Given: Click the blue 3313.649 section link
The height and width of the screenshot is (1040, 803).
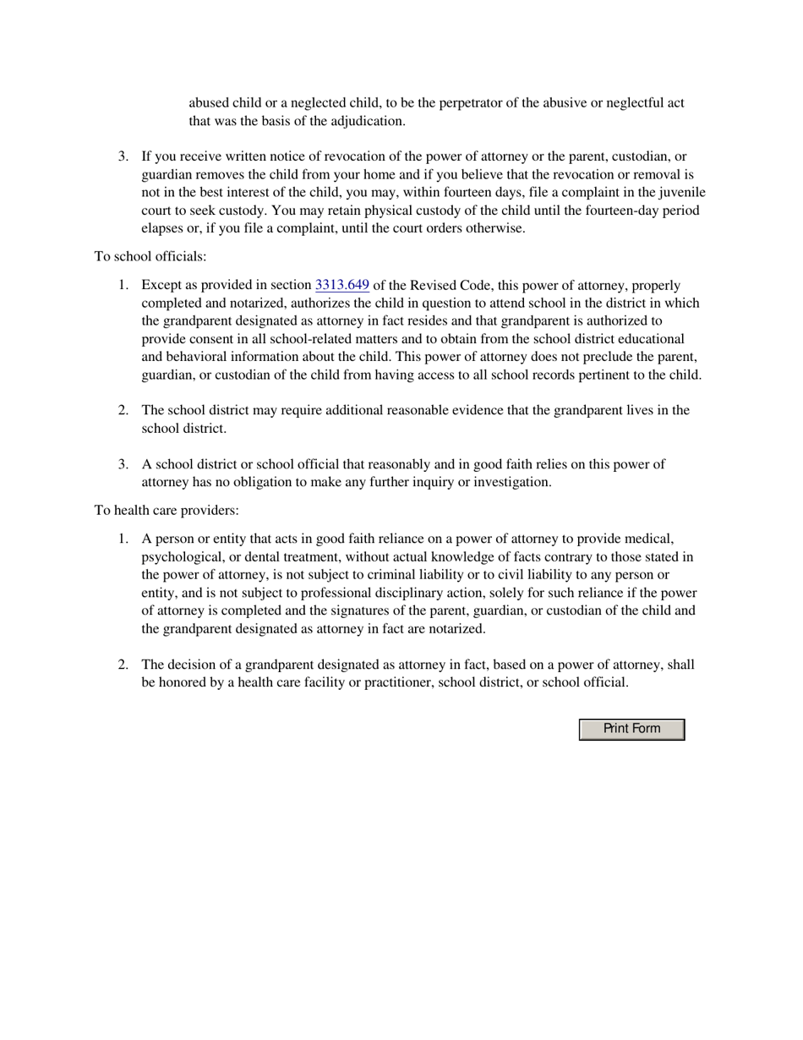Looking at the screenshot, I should (x=341, y=286).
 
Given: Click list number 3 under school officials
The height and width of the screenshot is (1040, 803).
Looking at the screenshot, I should (x=123, y=464).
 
